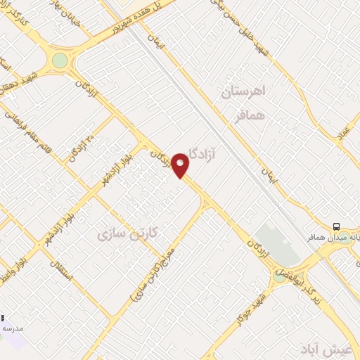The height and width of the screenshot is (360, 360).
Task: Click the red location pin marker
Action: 181,165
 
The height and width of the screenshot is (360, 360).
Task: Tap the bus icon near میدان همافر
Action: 337,226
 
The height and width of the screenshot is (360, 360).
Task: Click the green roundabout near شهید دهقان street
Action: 60,60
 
